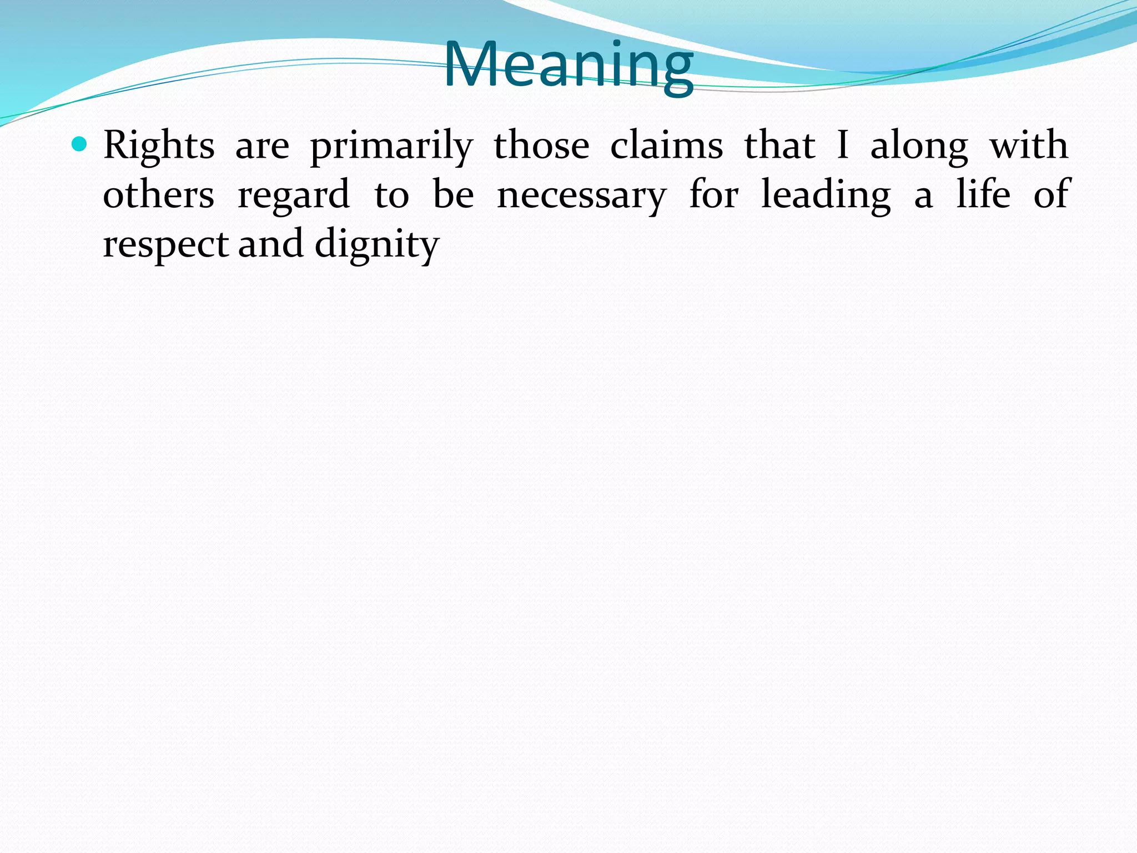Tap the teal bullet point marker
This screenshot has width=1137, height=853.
coord(80,144)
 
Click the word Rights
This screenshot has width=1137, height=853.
coord(159,145)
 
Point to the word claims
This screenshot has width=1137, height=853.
coord(666,145)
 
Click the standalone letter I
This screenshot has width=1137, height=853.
coord(842,145)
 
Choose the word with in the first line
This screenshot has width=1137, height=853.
coord(1029,145)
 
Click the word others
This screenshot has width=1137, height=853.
coord(159,195)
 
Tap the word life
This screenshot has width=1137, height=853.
coord(983,194)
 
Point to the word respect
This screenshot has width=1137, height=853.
coord(165,245)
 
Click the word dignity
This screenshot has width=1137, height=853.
coord(377,245)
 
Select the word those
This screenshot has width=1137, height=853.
coord(541,145)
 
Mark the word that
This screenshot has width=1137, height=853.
coord(779,145)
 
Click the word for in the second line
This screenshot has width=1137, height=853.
coord(713,195)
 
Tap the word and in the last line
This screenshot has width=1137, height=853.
coord(271,244)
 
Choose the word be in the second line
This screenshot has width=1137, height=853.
coord(453,195)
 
